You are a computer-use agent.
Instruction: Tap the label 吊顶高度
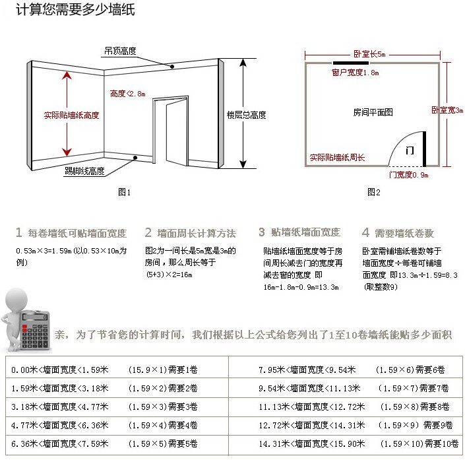[x=119, y=50]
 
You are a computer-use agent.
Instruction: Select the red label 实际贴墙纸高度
[x=71, y=115]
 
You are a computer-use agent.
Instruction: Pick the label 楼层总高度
[x=246, y=115]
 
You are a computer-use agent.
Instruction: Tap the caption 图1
[x=125, y=192]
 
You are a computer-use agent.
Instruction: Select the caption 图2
[x=373, y=192]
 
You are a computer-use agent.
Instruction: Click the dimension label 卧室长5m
[x=369, y=53]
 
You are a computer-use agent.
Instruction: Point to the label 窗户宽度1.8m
[x=355, y=72]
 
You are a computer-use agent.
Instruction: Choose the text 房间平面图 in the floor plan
[x=373, y=113]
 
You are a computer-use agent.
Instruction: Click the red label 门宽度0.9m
[x=408, y=175]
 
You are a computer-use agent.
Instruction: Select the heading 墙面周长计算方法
[x=196, y=233]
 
